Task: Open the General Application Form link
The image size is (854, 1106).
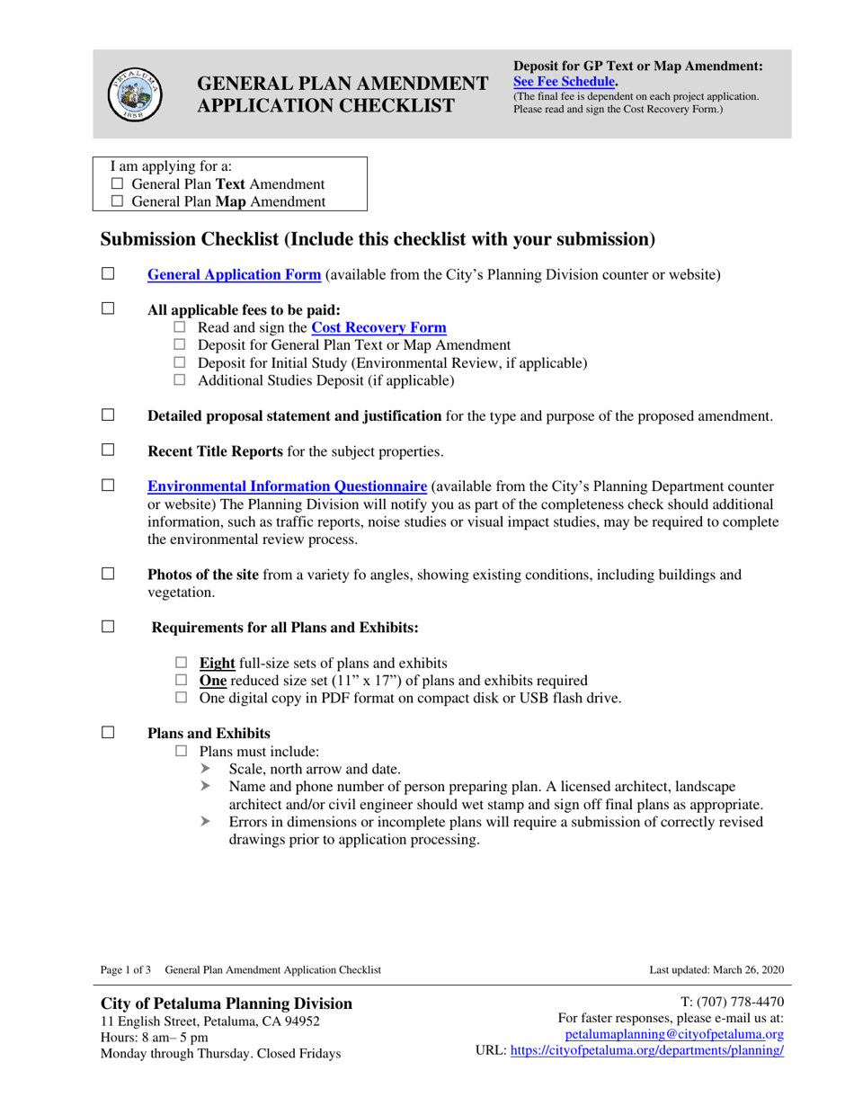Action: (x=234, y=275)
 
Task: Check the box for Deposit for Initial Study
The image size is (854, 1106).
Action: (x=179, y=363)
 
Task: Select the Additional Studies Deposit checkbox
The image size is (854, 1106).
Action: (x=179, y=380)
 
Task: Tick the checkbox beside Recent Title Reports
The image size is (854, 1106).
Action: (x=108, y=449)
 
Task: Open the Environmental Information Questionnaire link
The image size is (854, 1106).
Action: (x=286, y=487)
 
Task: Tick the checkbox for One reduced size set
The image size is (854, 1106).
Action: (x=179, y=681)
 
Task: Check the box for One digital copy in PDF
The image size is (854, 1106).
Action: (x=179, y=698)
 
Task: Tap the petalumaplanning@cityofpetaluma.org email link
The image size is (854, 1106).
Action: (x=687, y=1035)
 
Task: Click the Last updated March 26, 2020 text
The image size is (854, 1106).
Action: (x=716, y=969)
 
